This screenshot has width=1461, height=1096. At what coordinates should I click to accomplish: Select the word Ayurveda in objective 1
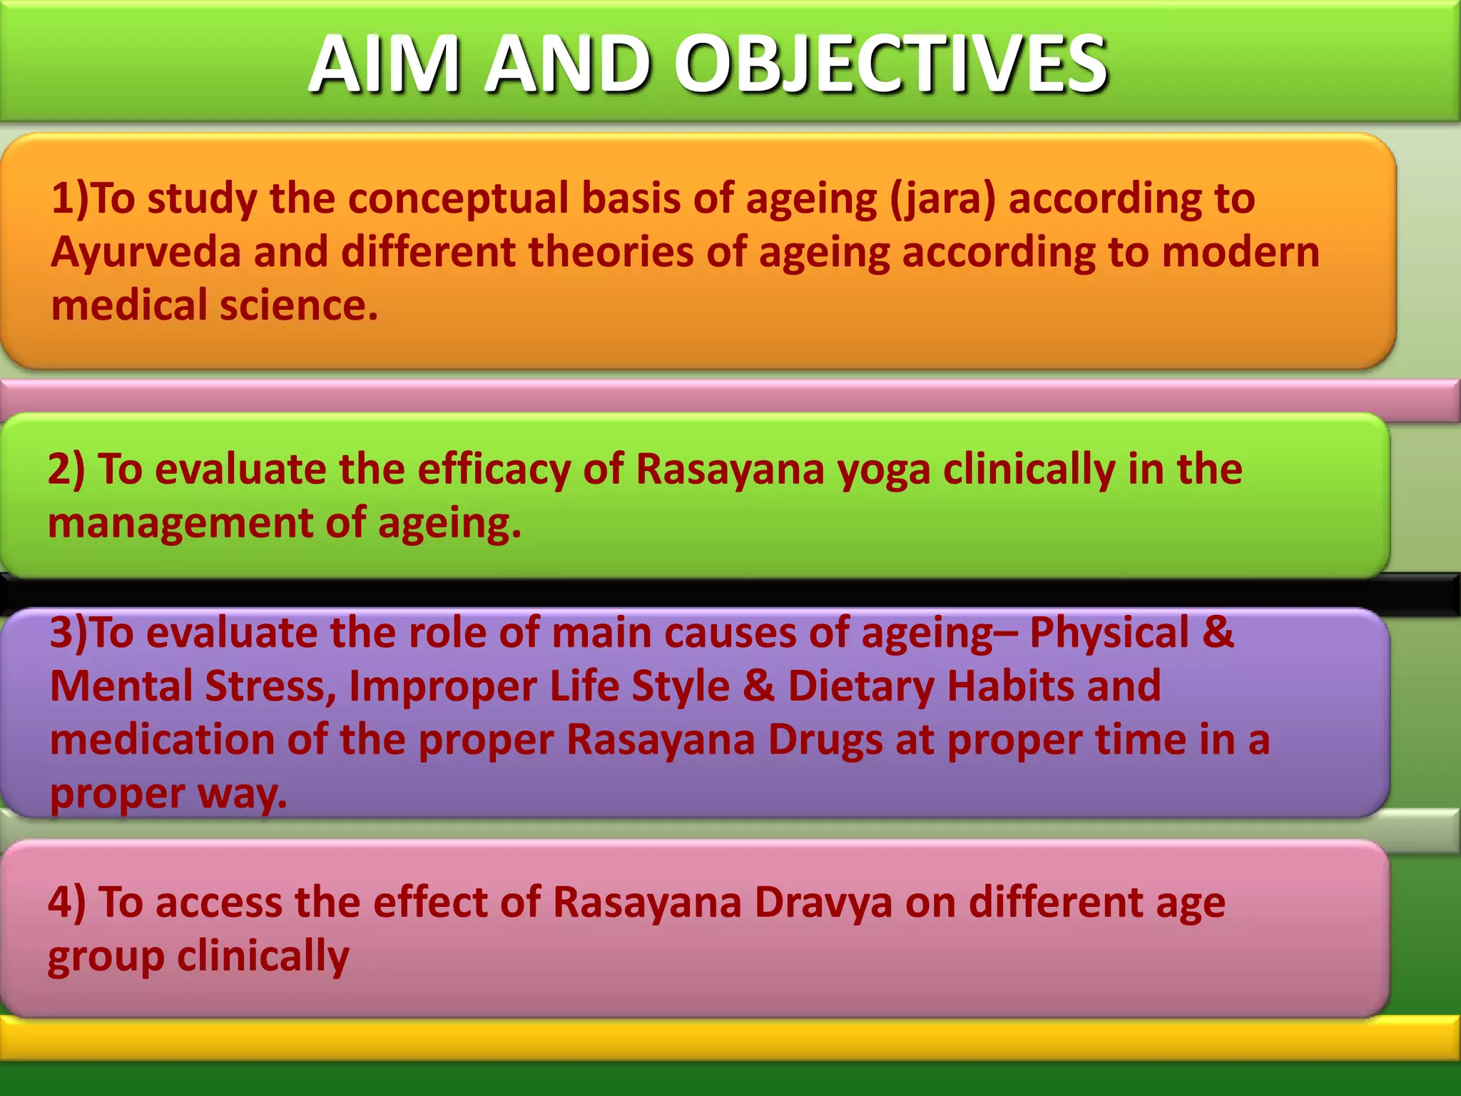146,253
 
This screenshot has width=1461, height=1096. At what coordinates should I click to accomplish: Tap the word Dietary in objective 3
860,686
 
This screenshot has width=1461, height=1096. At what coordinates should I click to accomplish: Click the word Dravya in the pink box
823,903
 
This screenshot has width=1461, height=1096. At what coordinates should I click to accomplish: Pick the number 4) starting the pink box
66,903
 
